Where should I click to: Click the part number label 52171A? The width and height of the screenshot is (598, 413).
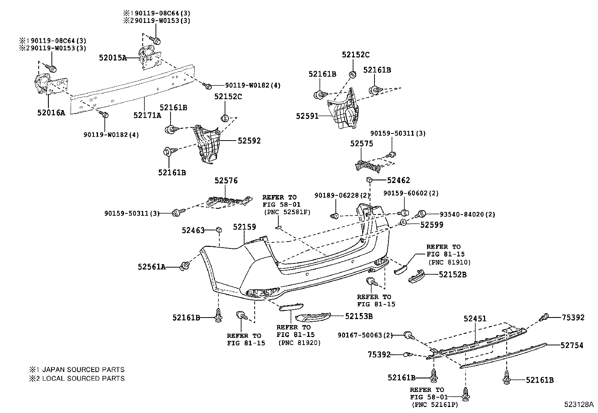point(147,115)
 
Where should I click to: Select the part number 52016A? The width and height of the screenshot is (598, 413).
point(51,112)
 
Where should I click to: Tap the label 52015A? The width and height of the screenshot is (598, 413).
point(113,58)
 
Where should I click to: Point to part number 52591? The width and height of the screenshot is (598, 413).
point(307,116)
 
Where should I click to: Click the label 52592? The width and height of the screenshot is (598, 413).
point(249,141)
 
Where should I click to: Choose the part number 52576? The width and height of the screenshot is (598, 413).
point(226,181)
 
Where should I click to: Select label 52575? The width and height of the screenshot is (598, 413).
point(362,144)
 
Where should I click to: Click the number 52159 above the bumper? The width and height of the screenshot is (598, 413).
point(244,227)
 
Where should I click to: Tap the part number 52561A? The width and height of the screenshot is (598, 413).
point(151,267)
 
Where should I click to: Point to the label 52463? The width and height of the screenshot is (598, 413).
point(193,230)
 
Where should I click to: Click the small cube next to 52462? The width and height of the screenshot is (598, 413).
point(369,180)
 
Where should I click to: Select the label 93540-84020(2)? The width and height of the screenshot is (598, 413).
point(468,215)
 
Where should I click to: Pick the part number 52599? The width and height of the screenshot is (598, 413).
point(432,225)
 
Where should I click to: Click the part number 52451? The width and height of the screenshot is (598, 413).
point(475,319)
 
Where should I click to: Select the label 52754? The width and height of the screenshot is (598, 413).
point(572,345)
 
